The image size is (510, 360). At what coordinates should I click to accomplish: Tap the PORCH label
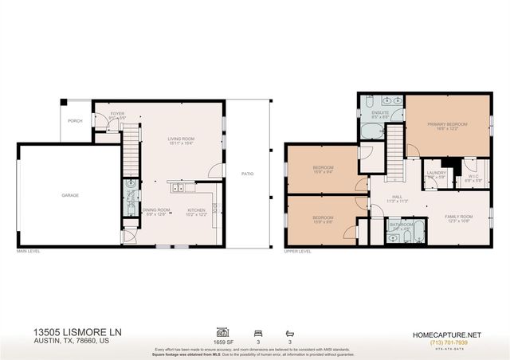(x=75, y=121)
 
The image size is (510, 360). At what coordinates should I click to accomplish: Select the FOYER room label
(x=118, y=114)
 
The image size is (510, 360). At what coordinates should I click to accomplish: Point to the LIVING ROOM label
(x=181, y=139)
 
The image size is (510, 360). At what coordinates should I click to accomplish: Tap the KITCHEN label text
(x=196, y=211)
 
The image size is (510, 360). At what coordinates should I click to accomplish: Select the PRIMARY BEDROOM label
(x=446, y=124)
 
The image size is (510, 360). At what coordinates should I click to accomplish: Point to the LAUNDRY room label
(x=436, y=172)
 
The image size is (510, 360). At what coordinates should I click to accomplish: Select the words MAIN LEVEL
(x=28, y=251)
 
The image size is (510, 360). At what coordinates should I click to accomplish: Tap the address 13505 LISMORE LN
(x=78, y=331)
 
